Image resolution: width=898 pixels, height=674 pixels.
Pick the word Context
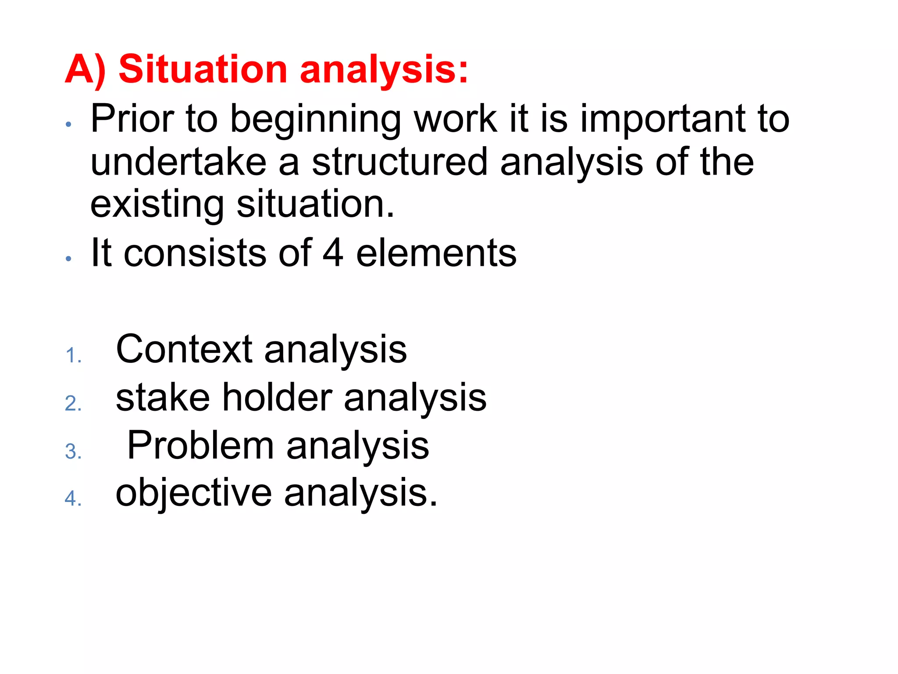184,349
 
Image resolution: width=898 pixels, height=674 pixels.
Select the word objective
193,494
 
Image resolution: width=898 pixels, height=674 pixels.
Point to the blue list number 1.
72,355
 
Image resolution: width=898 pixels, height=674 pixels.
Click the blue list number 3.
72,452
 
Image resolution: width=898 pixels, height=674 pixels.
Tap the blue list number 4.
72,499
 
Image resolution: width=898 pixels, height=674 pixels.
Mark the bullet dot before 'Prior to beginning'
68,125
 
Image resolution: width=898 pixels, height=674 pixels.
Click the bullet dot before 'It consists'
68,259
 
